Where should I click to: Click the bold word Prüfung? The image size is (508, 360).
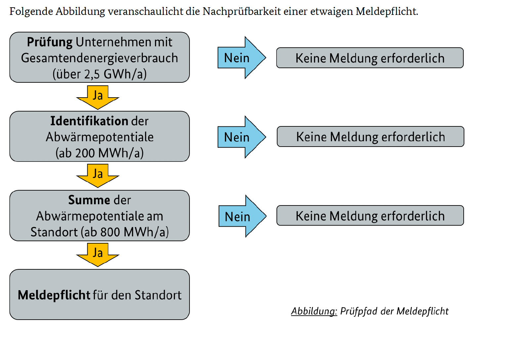coord(50,42)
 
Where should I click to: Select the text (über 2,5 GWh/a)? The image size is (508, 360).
coord(100,74)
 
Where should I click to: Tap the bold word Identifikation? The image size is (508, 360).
coord(89,121)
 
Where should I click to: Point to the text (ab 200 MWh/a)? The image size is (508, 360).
coord(100,153)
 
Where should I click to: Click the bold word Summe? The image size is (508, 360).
coord(89,200)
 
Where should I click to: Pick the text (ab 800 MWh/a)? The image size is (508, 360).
coord(125,232)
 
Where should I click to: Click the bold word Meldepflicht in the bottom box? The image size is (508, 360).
coord(54,295)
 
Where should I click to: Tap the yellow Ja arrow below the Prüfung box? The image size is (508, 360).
coord(98,98)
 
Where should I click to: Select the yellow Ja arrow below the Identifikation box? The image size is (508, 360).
coord(98,176)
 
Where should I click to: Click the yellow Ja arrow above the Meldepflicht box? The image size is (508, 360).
coord(98,255)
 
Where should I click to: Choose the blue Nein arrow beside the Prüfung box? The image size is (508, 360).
coord(242,58)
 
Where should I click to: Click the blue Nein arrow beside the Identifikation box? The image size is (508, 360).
coord(242,137)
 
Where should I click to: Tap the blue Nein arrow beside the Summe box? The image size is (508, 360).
coord(242,216)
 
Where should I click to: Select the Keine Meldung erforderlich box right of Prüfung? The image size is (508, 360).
coord(370,58)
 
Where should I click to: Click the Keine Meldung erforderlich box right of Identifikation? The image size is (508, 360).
coord(370,137)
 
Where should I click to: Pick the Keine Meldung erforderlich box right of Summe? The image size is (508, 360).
coord(370,215)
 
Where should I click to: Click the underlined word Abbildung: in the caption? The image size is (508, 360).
coord(314,311)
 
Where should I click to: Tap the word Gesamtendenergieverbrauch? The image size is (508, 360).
coord(100,58)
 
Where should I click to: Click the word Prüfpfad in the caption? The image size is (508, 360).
coord(359,311)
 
